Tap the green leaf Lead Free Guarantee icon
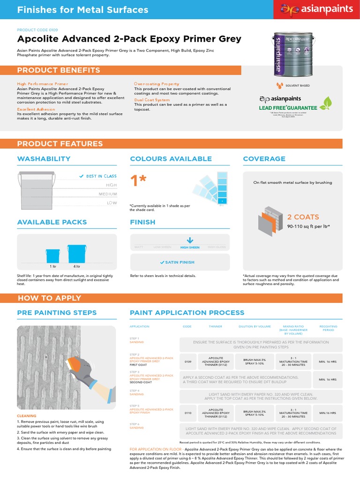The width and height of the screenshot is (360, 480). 327,103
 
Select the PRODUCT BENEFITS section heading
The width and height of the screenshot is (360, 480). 59,70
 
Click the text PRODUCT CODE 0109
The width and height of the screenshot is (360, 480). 37,30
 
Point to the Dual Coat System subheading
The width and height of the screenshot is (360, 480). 152,100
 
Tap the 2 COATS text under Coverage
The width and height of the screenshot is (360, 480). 303,217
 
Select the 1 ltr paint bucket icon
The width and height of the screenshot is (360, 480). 52,255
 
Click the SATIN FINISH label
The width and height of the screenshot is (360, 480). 180,262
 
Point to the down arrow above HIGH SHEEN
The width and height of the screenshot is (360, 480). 190,240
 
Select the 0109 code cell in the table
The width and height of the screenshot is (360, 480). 187,361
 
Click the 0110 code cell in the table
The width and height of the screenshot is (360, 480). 187,413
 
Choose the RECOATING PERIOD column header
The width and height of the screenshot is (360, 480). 328,328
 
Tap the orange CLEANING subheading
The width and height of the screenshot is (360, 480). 26,416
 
